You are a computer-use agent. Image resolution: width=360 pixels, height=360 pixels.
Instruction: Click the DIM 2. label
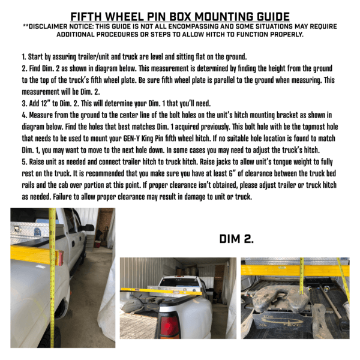[236, 239]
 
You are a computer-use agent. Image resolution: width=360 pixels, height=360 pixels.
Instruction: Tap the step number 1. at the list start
[22, 58]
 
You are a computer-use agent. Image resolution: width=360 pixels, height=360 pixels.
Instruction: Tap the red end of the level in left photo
[59, 257]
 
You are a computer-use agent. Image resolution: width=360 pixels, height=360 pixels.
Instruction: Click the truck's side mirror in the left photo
[89, 229]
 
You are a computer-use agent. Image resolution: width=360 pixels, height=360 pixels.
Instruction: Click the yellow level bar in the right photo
[294, 270]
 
